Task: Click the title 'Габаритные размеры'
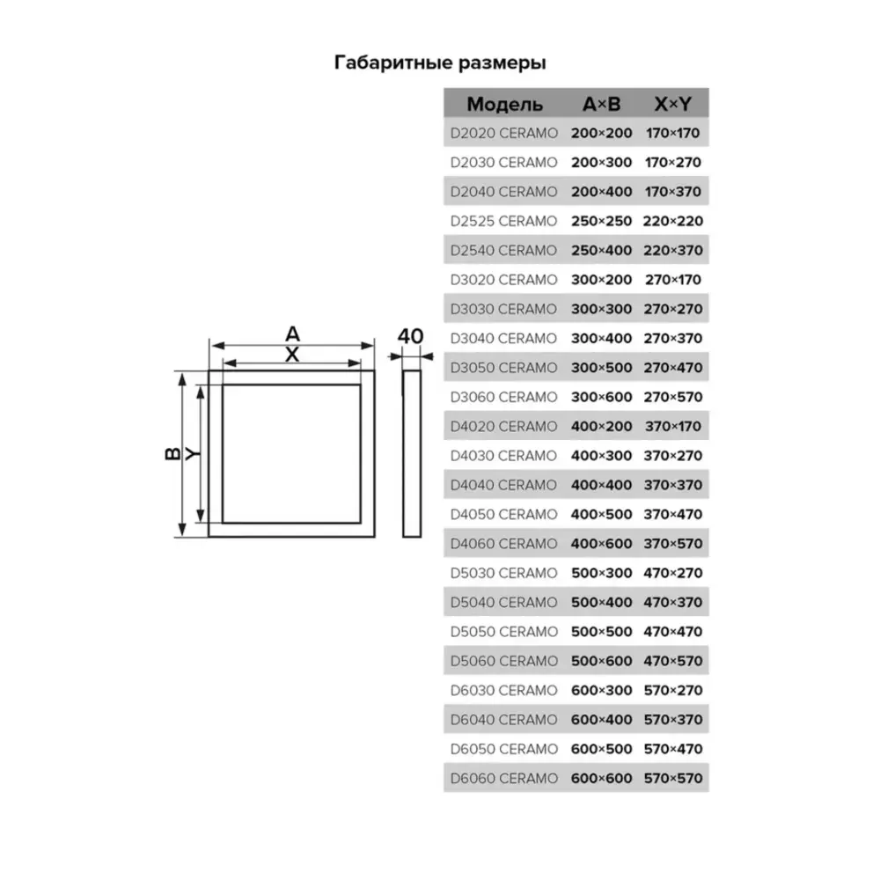pos(440,63)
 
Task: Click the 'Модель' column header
pos(504,105)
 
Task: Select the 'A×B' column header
pos(602,105)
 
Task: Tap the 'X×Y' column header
pos(673,105)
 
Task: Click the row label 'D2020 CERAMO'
pos(502,134)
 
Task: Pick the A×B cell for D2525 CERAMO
pos(602,221)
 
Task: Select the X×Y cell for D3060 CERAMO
pos(673,397)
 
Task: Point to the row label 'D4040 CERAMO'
pos(502,485)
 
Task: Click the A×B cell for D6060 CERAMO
pos(602,778)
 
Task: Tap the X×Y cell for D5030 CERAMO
pos(673,573)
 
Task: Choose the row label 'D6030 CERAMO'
pos(502,690)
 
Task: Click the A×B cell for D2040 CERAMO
pos(602,192)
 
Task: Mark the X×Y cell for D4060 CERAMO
pos(673,544)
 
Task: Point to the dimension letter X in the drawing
pos(293,354)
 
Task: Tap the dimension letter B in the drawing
pos(172,454)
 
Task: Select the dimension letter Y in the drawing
pos(192,454)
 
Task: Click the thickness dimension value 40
pos(411,336)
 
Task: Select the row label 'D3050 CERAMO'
pos(502,368)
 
